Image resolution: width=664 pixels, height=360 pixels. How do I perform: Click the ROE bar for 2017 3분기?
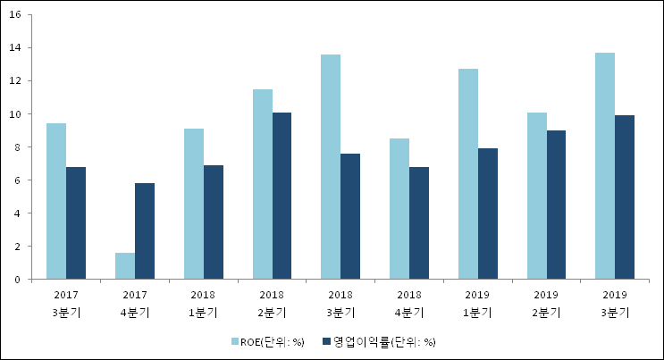[56, 201]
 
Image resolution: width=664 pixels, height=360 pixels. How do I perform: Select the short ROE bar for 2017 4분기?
[125, 266]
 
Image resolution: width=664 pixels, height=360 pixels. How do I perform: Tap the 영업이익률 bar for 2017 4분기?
[145, 231]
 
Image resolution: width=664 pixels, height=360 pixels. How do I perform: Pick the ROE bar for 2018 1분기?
[194, 204]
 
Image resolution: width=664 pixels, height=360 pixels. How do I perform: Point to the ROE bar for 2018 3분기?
[331, 167]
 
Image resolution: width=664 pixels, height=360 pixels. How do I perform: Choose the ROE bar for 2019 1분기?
[468, 174]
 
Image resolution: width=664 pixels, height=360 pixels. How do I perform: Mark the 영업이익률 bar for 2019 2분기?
[556, 205]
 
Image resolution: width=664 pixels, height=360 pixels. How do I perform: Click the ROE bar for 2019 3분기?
[605, 166]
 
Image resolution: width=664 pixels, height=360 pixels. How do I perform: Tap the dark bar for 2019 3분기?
[625, 197]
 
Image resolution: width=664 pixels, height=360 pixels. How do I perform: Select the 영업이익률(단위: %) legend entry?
[379, 341]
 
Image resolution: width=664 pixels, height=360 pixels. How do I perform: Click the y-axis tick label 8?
[21, 147]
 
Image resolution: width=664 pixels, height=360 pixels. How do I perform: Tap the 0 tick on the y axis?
[21, 280]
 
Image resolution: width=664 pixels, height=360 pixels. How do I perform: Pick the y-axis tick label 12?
[18, 81]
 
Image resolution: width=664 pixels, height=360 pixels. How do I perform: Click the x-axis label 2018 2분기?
[272, 304]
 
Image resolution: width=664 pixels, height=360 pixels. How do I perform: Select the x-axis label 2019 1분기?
[478, 304]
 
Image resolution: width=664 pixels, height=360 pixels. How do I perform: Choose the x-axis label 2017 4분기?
[135, 304]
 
